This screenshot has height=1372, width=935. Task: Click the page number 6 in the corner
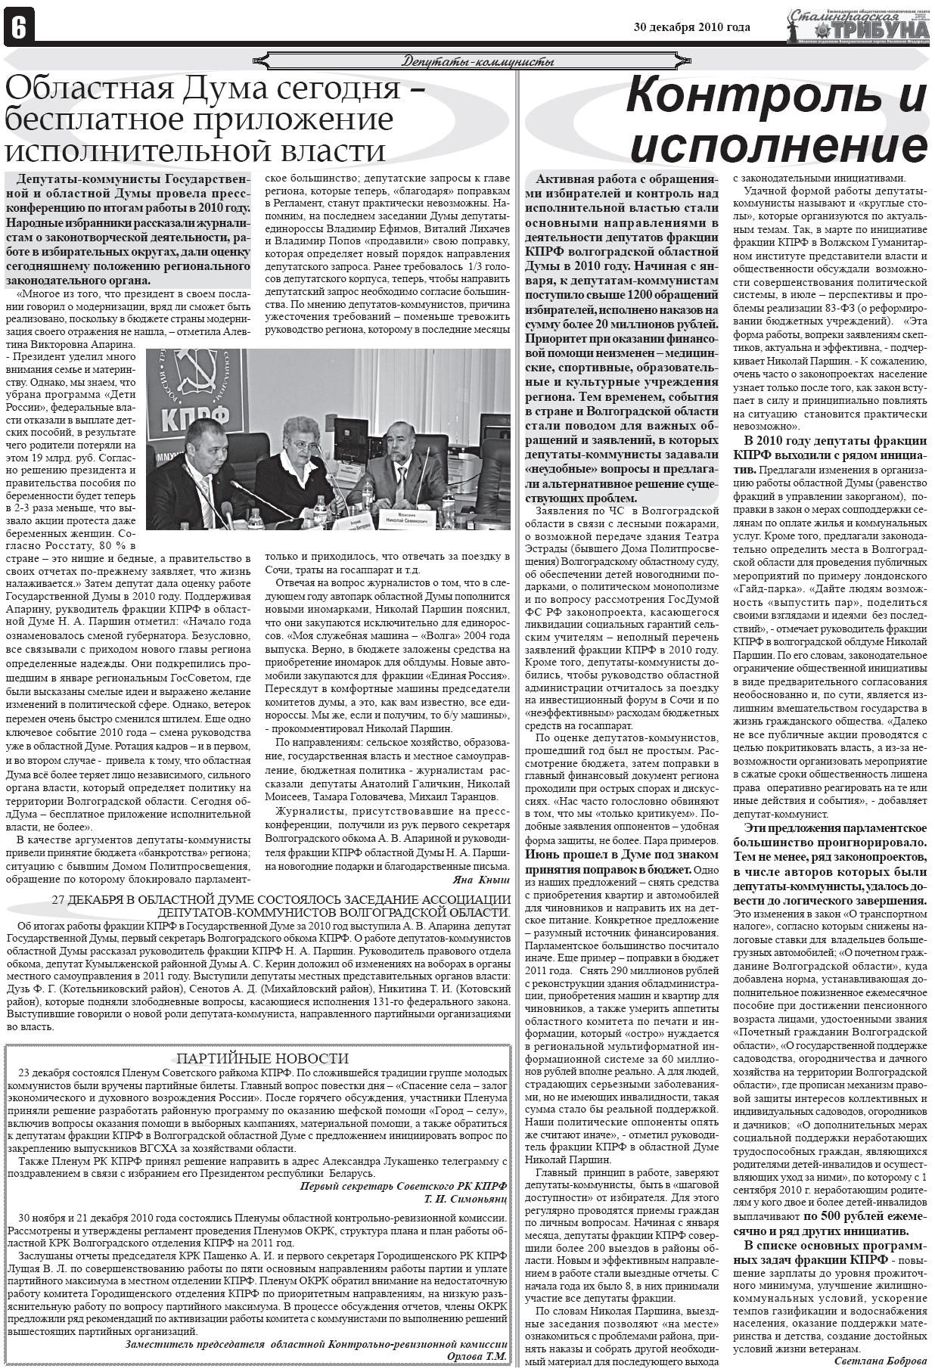point(17,28)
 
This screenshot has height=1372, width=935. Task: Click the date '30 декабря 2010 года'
point(691,28)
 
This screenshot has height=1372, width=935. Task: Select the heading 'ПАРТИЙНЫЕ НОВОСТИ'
point(262,1059)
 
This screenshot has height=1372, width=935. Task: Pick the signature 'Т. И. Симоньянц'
point(465,1200)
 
